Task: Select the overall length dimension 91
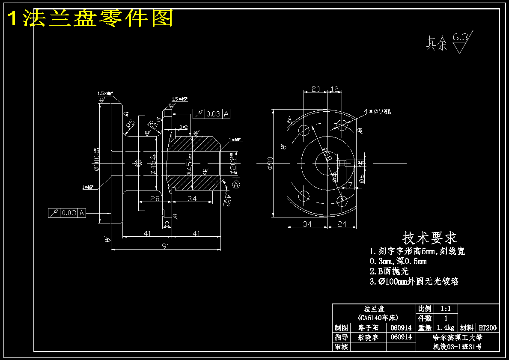[x=165, y=246]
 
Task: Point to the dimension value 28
[x=155, y=198]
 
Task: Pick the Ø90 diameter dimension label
[x=270, y=163]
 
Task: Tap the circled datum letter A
[x=236, y=184]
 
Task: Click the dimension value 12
[x=335, y=89]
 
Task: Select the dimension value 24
[x=341, y=223]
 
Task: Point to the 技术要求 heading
[x=429, y=238]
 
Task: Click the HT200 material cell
[x=488, y=328]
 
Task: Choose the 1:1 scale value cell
[x=446, y=309]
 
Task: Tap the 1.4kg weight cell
[x=446, y=328]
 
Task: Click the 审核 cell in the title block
[x=341, y=347]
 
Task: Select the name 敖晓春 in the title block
[x=368, y=337]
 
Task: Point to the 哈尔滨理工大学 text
[x=458, y=337]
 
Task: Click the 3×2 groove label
[x=183, y=127]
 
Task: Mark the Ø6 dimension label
[x=362, y=179]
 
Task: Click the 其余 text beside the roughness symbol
[x=436, y=44]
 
